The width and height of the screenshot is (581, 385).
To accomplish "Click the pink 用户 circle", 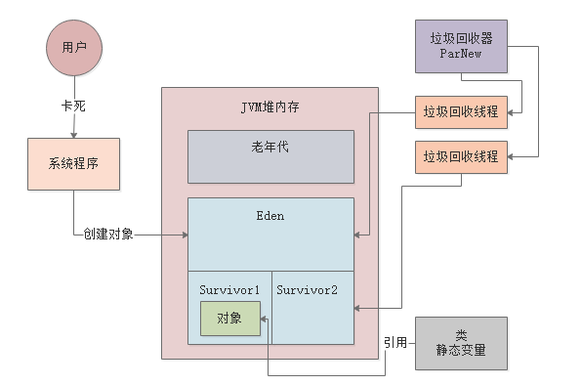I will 74,46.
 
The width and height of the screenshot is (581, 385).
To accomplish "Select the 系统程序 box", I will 73,164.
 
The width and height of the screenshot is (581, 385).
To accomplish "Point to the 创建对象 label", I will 108,235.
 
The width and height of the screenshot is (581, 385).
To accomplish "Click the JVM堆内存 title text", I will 269,105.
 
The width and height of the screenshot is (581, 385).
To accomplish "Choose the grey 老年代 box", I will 270,156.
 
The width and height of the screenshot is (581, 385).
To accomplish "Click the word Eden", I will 270,215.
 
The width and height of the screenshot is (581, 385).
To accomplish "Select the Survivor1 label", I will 229,290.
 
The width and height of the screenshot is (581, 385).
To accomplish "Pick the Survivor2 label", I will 307,290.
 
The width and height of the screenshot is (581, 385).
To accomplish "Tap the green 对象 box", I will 230,319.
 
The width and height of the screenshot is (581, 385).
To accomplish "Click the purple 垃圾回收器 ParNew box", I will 461,46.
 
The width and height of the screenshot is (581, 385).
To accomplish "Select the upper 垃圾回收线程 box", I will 461,111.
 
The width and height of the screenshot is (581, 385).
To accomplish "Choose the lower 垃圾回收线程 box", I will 461,156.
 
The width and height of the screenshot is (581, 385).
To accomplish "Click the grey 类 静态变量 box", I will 461,343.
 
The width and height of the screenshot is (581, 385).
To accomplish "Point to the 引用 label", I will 395,343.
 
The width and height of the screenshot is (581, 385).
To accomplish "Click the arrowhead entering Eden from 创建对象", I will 184,235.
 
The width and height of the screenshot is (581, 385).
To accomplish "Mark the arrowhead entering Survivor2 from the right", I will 357,309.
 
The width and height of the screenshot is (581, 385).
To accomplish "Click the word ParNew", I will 461,55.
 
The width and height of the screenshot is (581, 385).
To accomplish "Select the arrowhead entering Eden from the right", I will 357,235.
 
